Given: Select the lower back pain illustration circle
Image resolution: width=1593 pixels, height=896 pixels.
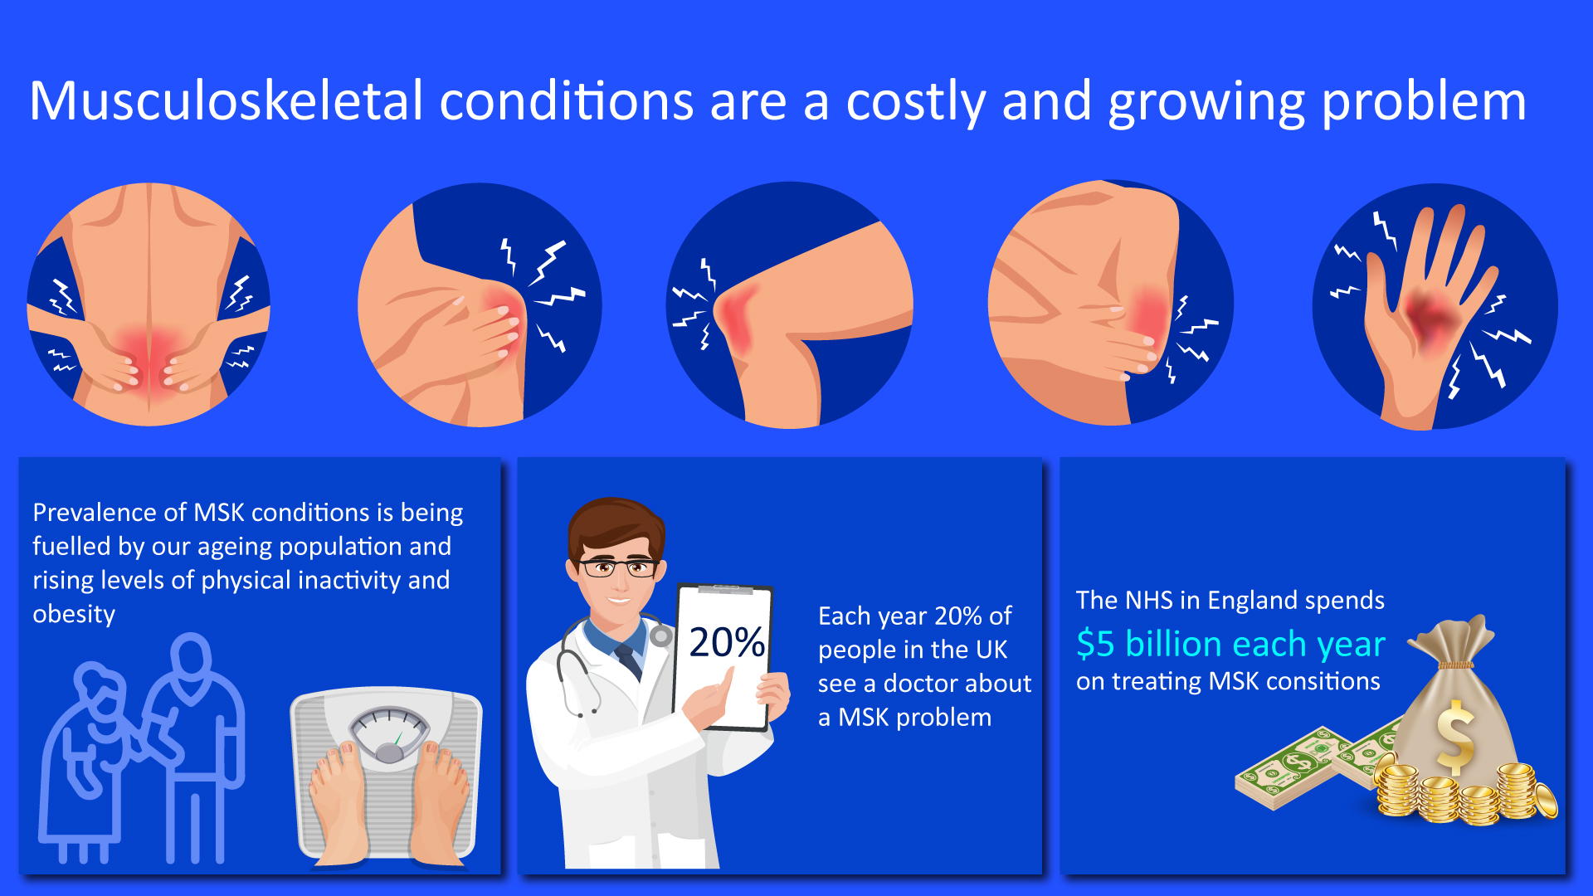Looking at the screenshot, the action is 149,304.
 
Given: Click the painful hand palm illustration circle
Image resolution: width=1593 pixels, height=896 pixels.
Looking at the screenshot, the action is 1435,306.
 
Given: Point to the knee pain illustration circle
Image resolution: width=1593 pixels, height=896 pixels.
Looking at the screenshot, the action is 790,304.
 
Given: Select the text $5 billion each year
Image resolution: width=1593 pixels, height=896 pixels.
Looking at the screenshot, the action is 1231,644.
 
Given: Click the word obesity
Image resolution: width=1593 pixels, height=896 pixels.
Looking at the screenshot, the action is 74,615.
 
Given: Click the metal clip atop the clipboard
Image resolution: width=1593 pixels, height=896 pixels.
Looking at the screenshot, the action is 725,590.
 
